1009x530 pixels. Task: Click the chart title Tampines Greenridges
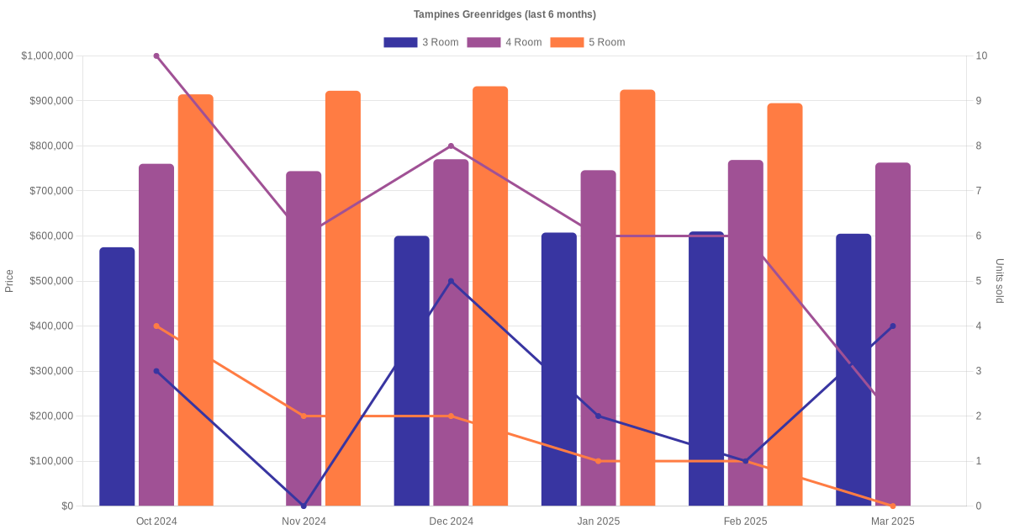[504, 14]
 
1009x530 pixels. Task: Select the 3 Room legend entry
[420, 42]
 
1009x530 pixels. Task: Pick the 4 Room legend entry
[504, 42]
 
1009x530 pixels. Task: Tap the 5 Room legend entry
[587, 42]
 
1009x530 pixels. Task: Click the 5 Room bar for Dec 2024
[490, 294]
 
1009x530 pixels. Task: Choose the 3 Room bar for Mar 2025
[853, 369]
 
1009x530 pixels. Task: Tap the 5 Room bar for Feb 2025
[784, 304]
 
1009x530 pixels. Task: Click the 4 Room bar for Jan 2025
[598, 337]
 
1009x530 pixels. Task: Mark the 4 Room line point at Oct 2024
[156, 56]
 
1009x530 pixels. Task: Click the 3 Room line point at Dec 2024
[451, 281]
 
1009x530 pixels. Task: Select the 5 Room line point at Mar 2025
[893, 506]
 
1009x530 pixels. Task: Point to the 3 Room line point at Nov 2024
[304, 506]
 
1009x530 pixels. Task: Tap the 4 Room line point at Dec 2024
[451, 146]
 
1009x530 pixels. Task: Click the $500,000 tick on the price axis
[50, 281]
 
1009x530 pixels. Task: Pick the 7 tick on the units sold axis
[980, 191]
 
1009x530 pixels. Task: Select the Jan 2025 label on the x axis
[598, 522]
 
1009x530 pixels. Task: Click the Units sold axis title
[1000, 281]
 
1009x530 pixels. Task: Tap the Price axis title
[9, 281]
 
